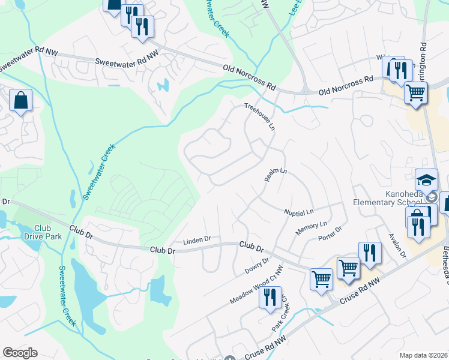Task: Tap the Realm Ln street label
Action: coord(276,175)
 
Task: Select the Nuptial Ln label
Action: coord(298,212)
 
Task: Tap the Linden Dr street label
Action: coord(197,239)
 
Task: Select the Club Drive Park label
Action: coord(42,232)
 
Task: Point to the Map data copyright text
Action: coord(423,355)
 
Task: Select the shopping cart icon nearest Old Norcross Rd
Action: coord(415,93)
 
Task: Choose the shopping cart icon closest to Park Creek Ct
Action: coord(321,278)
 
